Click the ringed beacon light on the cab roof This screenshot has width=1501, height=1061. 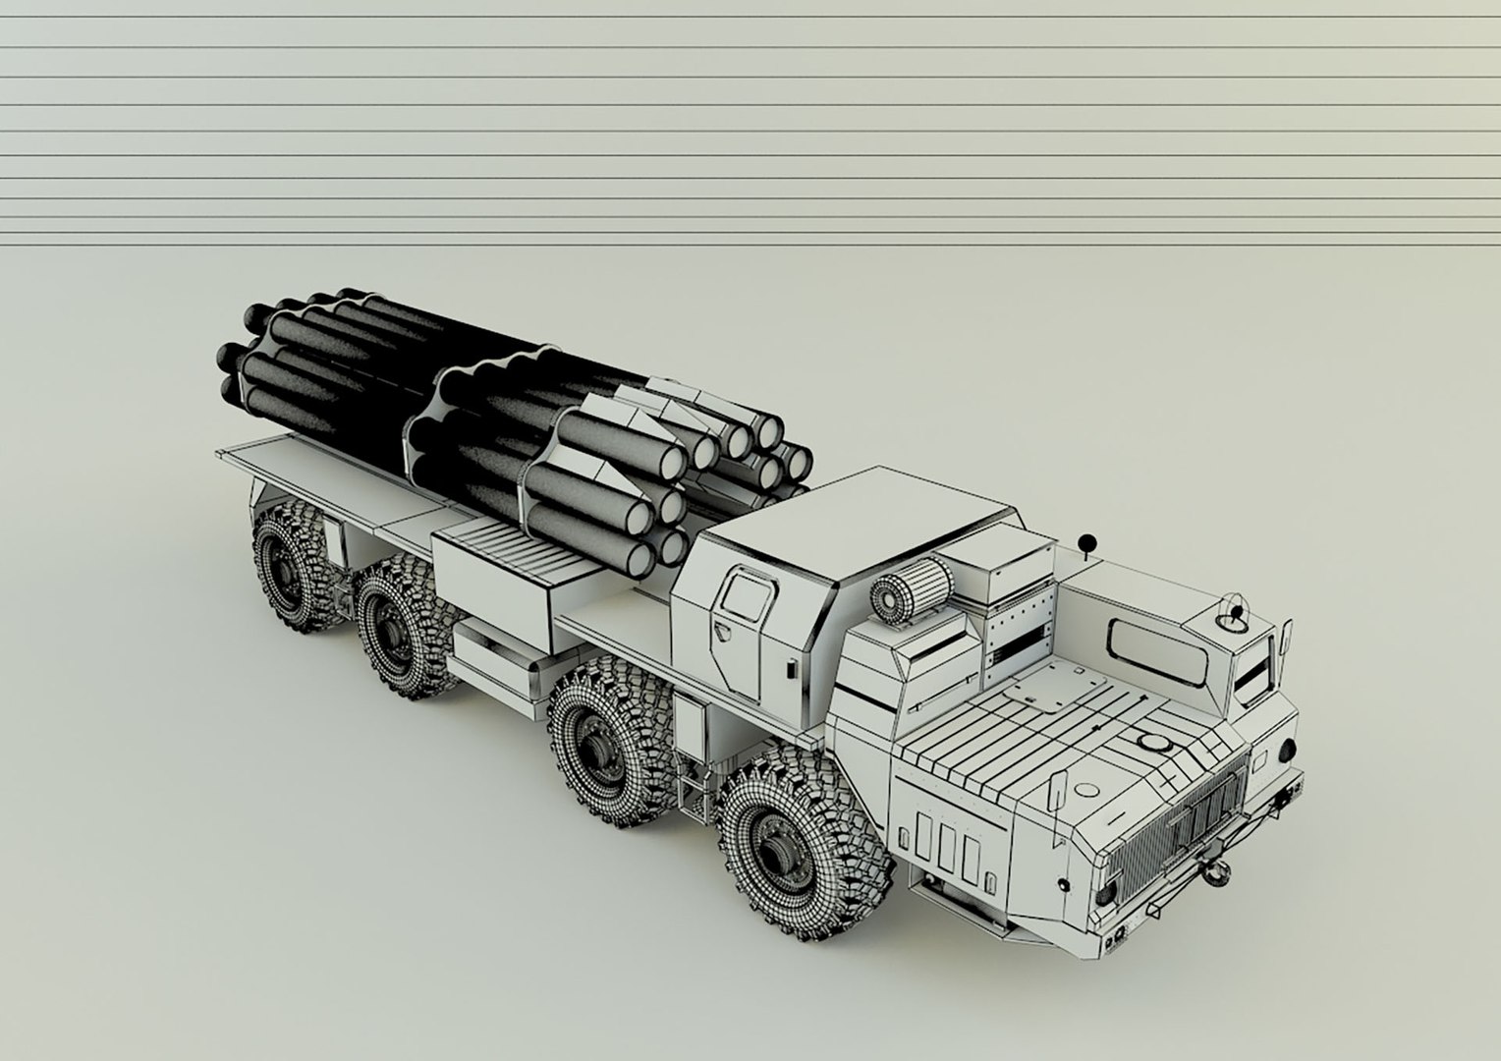1231,613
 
